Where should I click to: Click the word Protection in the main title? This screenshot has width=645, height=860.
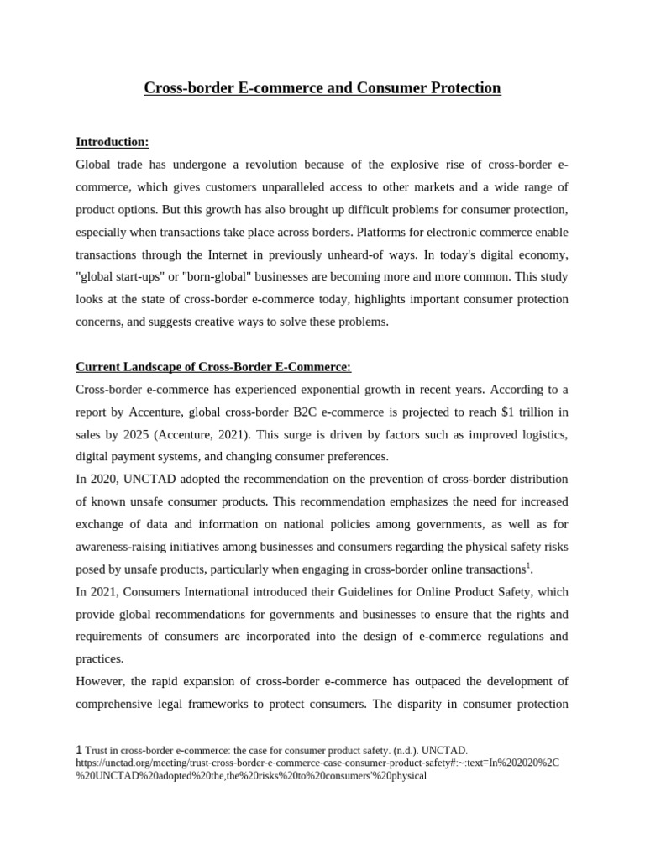pyautogui.click(x=461, y=88)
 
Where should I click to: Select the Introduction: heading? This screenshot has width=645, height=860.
pyautogui.click(x=112, y=142)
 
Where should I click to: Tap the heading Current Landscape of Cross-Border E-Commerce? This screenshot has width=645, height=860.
pyautogui.click(x=213, y=367)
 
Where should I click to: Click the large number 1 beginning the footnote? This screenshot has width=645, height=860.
pyautogui.click(x=79, y=749)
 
